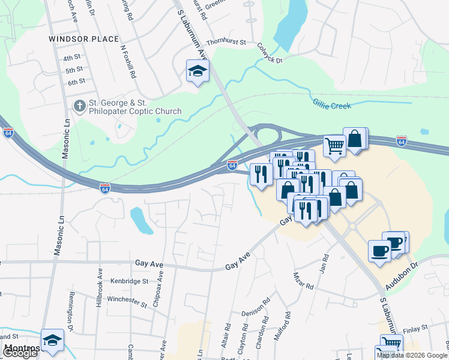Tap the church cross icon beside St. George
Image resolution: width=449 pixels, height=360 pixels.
79,106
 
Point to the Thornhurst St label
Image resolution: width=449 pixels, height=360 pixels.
226,43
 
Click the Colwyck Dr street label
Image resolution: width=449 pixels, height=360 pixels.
270,52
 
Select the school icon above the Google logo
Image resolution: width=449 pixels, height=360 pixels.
52,340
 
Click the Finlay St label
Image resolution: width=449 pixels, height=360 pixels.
415,328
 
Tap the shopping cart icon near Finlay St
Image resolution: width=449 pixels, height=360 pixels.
391,344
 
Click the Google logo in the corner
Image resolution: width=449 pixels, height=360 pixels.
20,353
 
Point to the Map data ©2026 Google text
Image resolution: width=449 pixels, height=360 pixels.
412,355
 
